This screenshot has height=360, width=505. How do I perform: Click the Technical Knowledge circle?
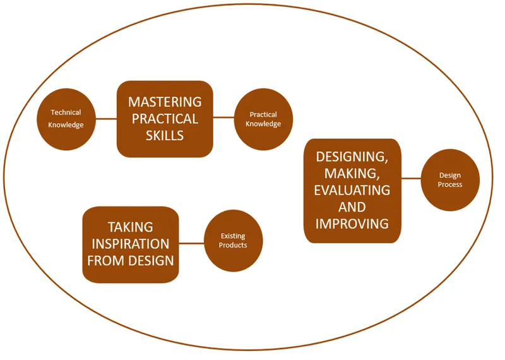[66, 119]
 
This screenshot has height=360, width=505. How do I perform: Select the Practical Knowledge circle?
[264, 119]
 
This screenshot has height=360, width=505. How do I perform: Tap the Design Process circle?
[450, 180]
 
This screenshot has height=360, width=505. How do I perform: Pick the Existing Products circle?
[233, 241]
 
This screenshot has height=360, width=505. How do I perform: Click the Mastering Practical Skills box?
[165, 119]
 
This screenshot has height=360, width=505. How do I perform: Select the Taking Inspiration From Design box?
[131, 244]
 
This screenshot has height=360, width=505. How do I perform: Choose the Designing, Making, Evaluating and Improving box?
[352, 190]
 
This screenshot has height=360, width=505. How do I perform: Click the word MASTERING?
[165, 102]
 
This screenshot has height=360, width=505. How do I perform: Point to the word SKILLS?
[164, 135]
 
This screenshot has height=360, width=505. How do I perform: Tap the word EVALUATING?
[352, 190]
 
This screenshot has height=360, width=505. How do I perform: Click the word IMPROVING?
[352, 223]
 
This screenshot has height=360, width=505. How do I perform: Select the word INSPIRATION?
[131, 244]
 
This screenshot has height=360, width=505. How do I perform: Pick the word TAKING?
[131, 227]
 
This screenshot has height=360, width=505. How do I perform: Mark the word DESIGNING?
[352, 157]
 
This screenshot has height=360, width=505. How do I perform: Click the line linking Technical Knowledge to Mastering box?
[106, 118]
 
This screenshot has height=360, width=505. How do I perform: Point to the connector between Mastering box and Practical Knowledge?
[223, 117]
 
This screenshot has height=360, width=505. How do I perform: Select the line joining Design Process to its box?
[410, 179]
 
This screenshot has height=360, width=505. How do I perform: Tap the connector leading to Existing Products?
[191, 243]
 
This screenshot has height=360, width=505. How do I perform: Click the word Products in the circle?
[233, 245]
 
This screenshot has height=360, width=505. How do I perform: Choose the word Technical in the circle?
[66, 113]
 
